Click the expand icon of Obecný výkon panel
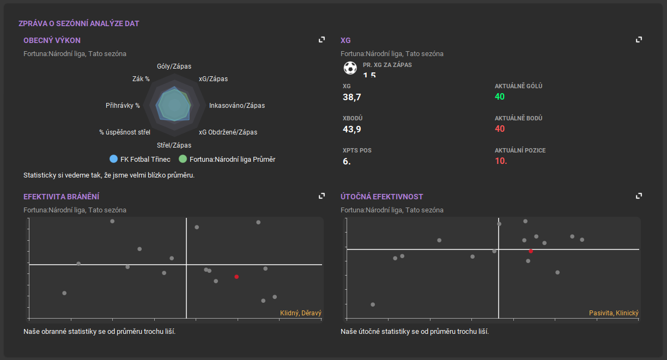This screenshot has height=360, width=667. (322, 40)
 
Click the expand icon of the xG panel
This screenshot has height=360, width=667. (639, 40)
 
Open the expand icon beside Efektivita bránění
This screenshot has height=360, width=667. (322, 196)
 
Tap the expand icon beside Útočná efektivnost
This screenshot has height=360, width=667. (639, 196)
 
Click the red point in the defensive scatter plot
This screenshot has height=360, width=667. (237, 277)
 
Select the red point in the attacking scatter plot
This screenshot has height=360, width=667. (531, 251)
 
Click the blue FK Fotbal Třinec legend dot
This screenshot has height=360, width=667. (113, 159)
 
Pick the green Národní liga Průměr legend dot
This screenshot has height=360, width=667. (183, 159)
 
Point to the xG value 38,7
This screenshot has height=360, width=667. (351, 97)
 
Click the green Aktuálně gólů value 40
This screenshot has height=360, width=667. (500, 97)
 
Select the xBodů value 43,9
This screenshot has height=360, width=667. (351, 129)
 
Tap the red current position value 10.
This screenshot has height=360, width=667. (501, 161)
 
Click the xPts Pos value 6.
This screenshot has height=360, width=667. (347, 161)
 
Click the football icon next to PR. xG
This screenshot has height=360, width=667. (350, 68)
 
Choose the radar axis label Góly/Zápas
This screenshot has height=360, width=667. (174, 66)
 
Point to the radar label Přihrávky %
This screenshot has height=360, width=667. (123, 106)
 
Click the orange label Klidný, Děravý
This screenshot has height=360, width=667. (301, 313)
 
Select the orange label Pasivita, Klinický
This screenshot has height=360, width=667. (614, 313)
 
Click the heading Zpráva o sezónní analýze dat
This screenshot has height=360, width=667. (79, 24)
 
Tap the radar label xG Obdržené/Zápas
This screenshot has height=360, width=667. (228, 132)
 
